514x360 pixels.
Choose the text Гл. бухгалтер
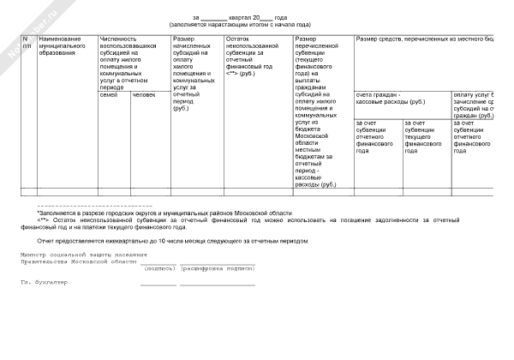click(44, 282)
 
